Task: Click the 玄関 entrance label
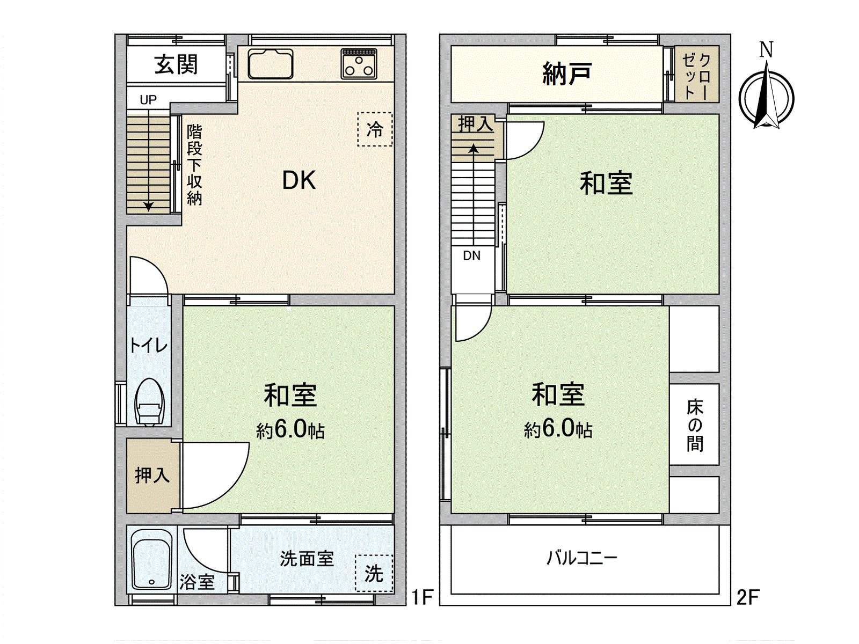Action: [x=176, y=64]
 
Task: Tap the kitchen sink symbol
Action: [x=271, y=64]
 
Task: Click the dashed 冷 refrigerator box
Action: [x=375, y=129]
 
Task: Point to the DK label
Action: [x=299, y=181]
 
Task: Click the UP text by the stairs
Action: [x=148, y=100]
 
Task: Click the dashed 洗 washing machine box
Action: [x=374, y=573]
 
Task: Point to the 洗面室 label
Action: [x=307, y=559]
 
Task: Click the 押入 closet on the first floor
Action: [x=152, y=475]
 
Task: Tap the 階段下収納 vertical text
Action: [x=194, y=164]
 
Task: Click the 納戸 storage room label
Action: [x=567, y=74]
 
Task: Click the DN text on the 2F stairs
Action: [x=471, y=256]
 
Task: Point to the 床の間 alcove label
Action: [x=694, y=425]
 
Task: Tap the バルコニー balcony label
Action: [x=582, y=558]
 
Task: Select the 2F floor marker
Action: [x=747, y=596]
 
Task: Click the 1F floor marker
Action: [x=422, y=596]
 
